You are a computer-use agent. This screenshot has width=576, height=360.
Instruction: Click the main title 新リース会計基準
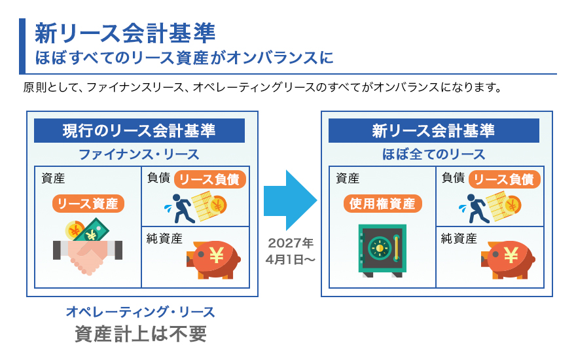tap(124, 33)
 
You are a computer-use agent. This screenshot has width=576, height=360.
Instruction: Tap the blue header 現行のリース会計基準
tap(139, 130)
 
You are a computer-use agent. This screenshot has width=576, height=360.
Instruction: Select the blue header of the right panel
tap(433, 130)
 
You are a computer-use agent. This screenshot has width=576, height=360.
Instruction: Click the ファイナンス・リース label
tap(139, 154)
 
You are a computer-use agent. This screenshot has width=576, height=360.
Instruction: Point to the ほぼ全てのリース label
tap(433, 154)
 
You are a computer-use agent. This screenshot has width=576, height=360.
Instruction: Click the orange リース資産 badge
tap(88, 204)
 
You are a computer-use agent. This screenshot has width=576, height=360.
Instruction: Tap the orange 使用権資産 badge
tap(383, 204)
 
